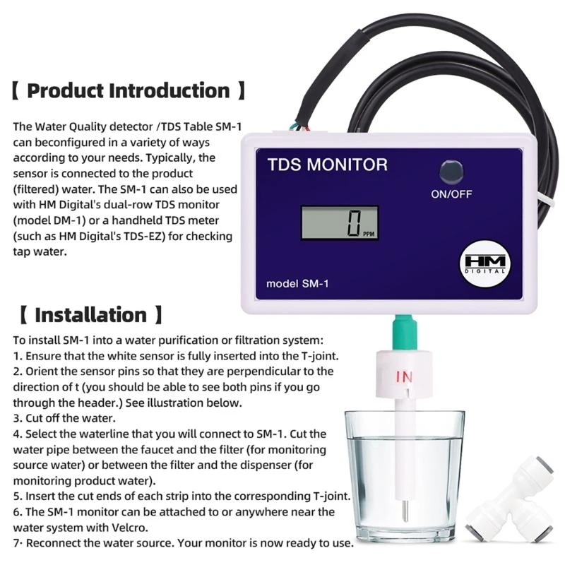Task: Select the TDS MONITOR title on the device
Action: pos(327,165)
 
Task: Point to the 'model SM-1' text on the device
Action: pos(297,284)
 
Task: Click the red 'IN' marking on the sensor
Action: pos(403,377)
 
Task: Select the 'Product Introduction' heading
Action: pos(129,91)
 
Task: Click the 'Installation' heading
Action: pos(90,314)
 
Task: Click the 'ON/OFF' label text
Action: pos(451,194)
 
